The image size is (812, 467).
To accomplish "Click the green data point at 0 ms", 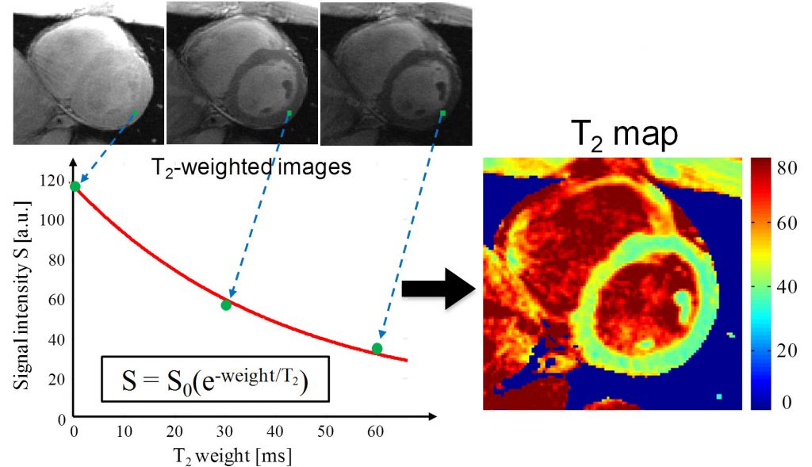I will click(x=75, y=186).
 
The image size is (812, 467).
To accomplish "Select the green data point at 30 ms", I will click(x=226, y=305).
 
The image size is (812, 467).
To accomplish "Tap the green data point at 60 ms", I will click(x=377, y=348).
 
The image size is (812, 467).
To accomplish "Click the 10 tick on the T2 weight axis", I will click(x=124, y=431).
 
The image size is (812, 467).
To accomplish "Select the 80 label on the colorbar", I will click(x=787, y=168).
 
